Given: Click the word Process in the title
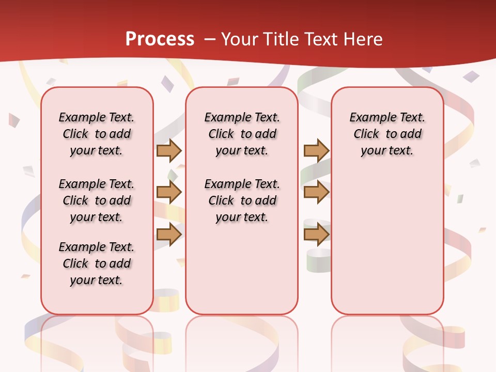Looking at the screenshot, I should coord(160,39).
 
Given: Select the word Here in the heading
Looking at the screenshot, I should coord(364,39).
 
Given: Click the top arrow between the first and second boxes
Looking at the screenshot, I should coord(169,150).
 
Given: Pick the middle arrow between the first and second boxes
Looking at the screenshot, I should coord(169,192).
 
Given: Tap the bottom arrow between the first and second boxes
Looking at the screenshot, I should coord(169,234).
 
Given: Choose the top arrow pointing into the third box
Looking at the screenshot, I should coord(316,150).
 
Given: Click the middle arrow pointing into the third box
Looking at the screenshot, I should coord(316,192).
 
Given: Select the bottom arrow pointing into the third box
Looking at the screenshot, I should coord(316,234).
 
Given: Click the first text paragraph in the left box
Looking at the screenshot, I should coord(97,134).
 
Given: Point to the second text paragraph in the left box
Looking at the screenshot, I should coord(97,200).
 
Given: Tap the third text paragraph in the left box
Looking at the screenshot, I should coord(97,263).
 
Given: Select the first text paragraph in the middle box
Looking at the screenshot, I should coord(242,134).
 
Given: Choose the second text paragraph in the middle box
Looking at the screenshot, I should coord(242,200).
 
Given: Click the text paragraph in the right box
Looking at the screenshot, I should coord(387,134).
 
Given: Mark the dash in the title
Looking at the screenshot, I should coord(210,39).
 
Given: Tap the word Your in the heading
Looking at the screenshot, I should coord(239,39).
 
